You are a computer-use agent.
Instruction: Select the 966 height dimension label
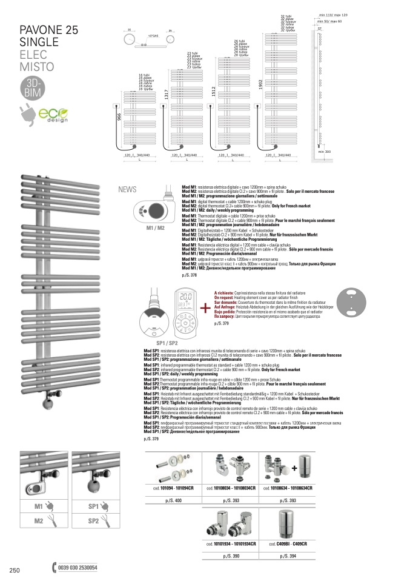point(119,121)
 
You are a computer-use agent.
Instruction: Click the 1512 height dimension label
point(213,92)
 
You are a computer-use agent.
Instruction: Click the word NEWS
point(127,189)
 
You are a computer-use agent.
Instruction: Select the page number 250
point(15,569)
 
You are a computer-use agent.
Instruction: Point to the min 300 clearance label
point(325,152)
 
